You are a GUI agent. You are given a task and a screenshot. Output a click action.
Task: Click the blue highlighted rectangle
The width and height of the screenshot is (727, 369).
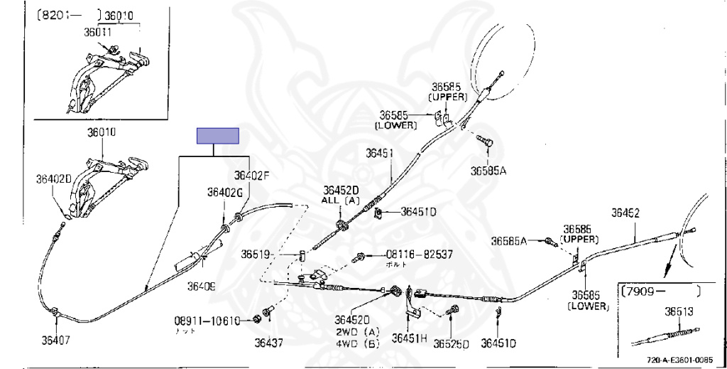pos(218,136)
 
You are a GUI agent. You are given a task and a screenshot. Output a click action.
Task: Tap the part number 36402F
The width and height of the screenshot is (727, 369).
pos(253,175)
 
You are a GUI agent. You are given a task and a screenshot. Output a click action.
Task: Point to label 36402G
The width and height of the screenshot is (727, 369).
pos(225,192)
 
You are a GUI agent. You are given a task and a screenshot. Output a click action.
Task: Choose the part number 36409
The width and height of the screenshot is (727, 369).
pos(201,286)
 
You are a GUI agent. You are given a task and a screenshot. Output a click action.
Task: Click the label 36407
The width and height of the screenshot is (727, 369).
pos(54,340)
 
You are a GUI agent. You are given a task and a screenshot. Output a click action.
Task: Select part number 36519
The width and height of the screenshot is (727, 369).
pos(255,254)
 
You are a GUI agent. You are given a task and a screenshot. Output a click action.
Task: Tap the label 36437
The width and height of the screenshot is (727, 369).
pos(269,342)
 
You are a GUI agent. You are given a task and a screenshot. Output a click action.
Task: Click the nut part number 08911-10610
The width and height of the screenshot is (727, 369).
pos(207,320)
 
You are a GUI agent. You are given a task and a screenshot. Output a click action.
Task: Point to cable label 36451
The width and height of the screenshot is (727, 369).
pos(380,153)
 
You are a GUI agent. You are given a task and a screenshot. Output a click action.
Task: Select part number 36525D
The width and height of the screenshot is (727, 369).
pos(452,344)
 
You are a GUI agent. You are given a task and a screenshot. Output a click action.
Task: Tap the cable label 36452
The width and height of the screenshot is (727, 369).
pos(625,213)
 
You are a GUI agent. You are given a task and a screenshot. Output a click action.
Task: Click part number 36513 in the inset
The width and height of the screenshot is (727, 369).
pos(679,311)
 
